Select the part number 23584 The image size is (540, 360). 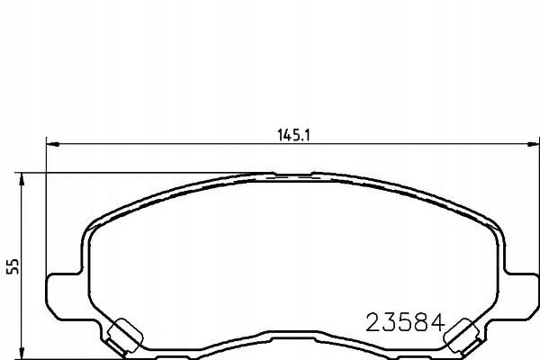pyautogui.click(x=406, y=321)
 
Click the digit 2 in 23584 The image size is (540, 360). pyautogui.click(x=372, y=321)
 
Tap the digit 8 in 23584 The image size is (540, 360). pyautogui.click(x=423, y=321)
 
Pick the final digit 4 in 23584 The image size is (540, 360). pyautogui.click(x=440, y=321)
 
